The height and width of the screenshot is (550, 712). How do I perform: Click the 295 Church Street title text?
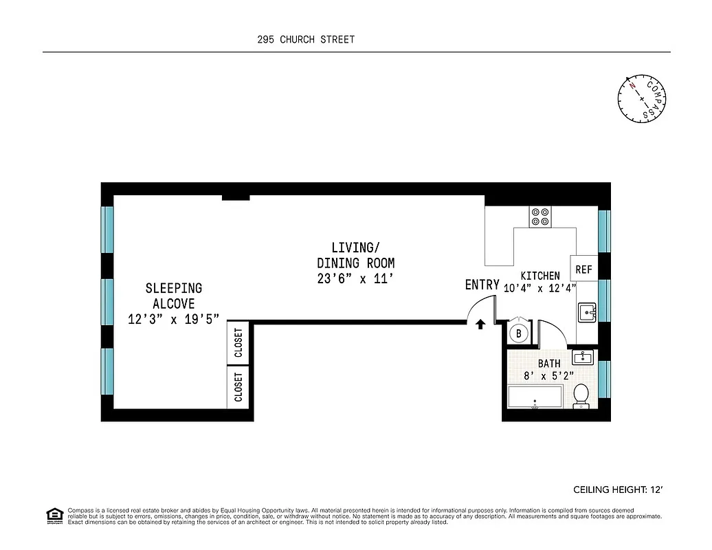(306, 39)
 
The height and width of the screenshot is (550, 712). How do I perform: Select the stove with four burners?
(539, 217)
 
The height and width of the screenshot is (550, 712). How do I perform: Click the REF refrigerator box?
(583, 269)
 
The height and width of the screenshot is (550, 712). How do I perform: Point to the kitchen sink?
(588, 312)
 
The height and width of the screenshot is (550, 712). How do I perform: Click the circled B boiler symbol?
(519, 334)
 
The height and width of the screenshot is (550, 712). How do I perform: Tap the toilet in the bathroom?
(581, 396)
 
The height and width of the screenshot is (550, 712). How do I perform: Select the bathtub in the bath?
(535, 397)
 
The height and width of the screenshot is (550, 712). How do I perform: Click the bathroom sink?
(583, 357)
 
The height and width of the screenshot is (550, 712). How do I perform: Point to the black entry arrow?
(480, 324)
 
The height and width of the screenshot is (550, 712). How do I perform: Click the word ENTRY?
(482, 285)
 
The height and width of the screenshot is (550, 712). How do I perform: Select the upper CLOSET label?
(238, 342)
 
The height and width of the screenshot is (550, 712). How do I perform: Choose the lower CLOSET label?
(238, 387)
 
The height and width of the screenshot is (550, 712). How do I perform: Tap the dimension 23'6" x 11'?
(355, 279)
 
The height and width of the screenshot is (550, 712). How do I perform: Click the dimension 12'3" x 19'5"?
(173, 319)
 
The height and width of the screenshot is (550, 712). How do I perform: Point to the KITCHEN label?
(539, 276)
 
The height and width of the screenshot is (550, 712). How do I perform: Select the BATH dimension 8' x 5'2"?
(548, 375)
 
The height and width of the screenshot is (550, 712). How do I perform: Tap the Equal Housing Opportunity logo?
(54, 515)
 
